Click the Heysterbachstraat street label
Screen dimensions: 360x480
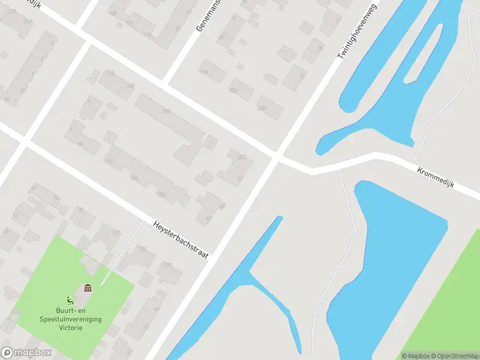tap(181, 238)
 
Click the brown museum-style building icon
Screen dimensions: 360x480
tap(88, 289)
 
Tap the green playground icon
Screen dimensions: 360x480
tap(70, 300)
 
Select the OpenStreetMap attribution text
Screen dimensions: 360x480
tap(454, 356)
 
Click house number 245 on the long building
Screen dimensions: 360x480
tap(166, 111)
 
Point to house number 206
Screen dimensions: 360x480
tap(261, 108)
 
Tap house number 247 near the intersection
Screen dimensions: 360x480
tap(242, 157)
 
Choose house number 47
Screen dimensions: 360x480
tap(209, 219)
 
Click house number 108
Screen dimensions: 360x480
tap(161, 194)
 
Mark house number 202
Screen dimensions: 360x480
tap(233, 91)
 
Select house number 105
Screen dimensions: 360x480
tap(142, 248)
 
